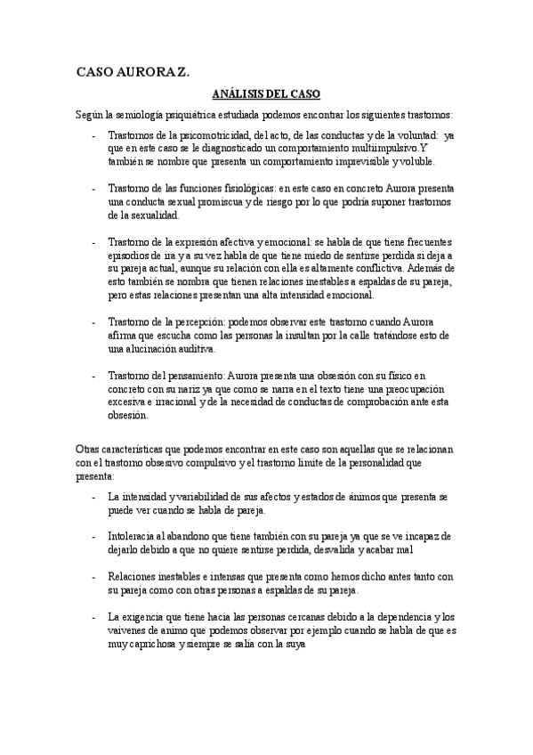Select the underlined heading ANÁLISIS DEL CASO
pyautogui.click(x=266, y=93)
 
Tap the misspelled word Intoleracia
pyautogui.click(x=132, y=537)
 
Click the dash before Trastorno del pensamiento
pyautogui.click(x=93, y=376)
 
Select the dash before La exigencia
pyautogui.click(x=93, y=617)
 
